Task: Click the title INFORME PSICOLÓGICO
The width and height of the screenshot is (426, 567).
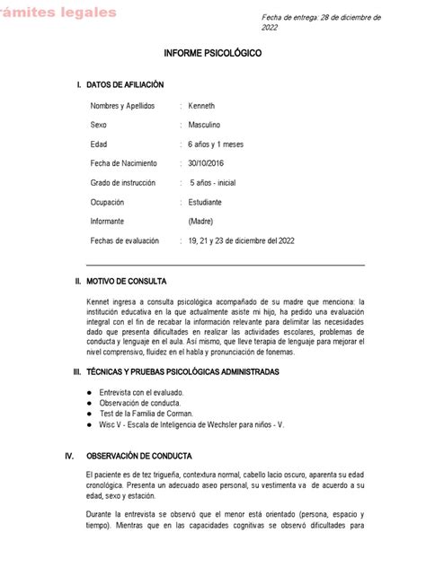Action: point(213,54)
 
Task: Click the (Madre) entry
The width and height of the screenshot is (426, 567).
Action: point(202,221)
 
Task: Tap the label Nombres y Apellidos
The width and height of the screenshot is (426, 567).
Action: point(123,105)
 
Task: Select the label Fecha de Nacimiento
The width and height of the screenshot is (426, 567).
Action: point(124,163)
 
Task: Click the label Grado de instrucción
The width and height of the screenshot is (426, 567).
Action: point(123,182)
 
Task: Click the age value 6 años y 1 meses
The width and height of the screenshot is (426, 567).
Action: point(217,144)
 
